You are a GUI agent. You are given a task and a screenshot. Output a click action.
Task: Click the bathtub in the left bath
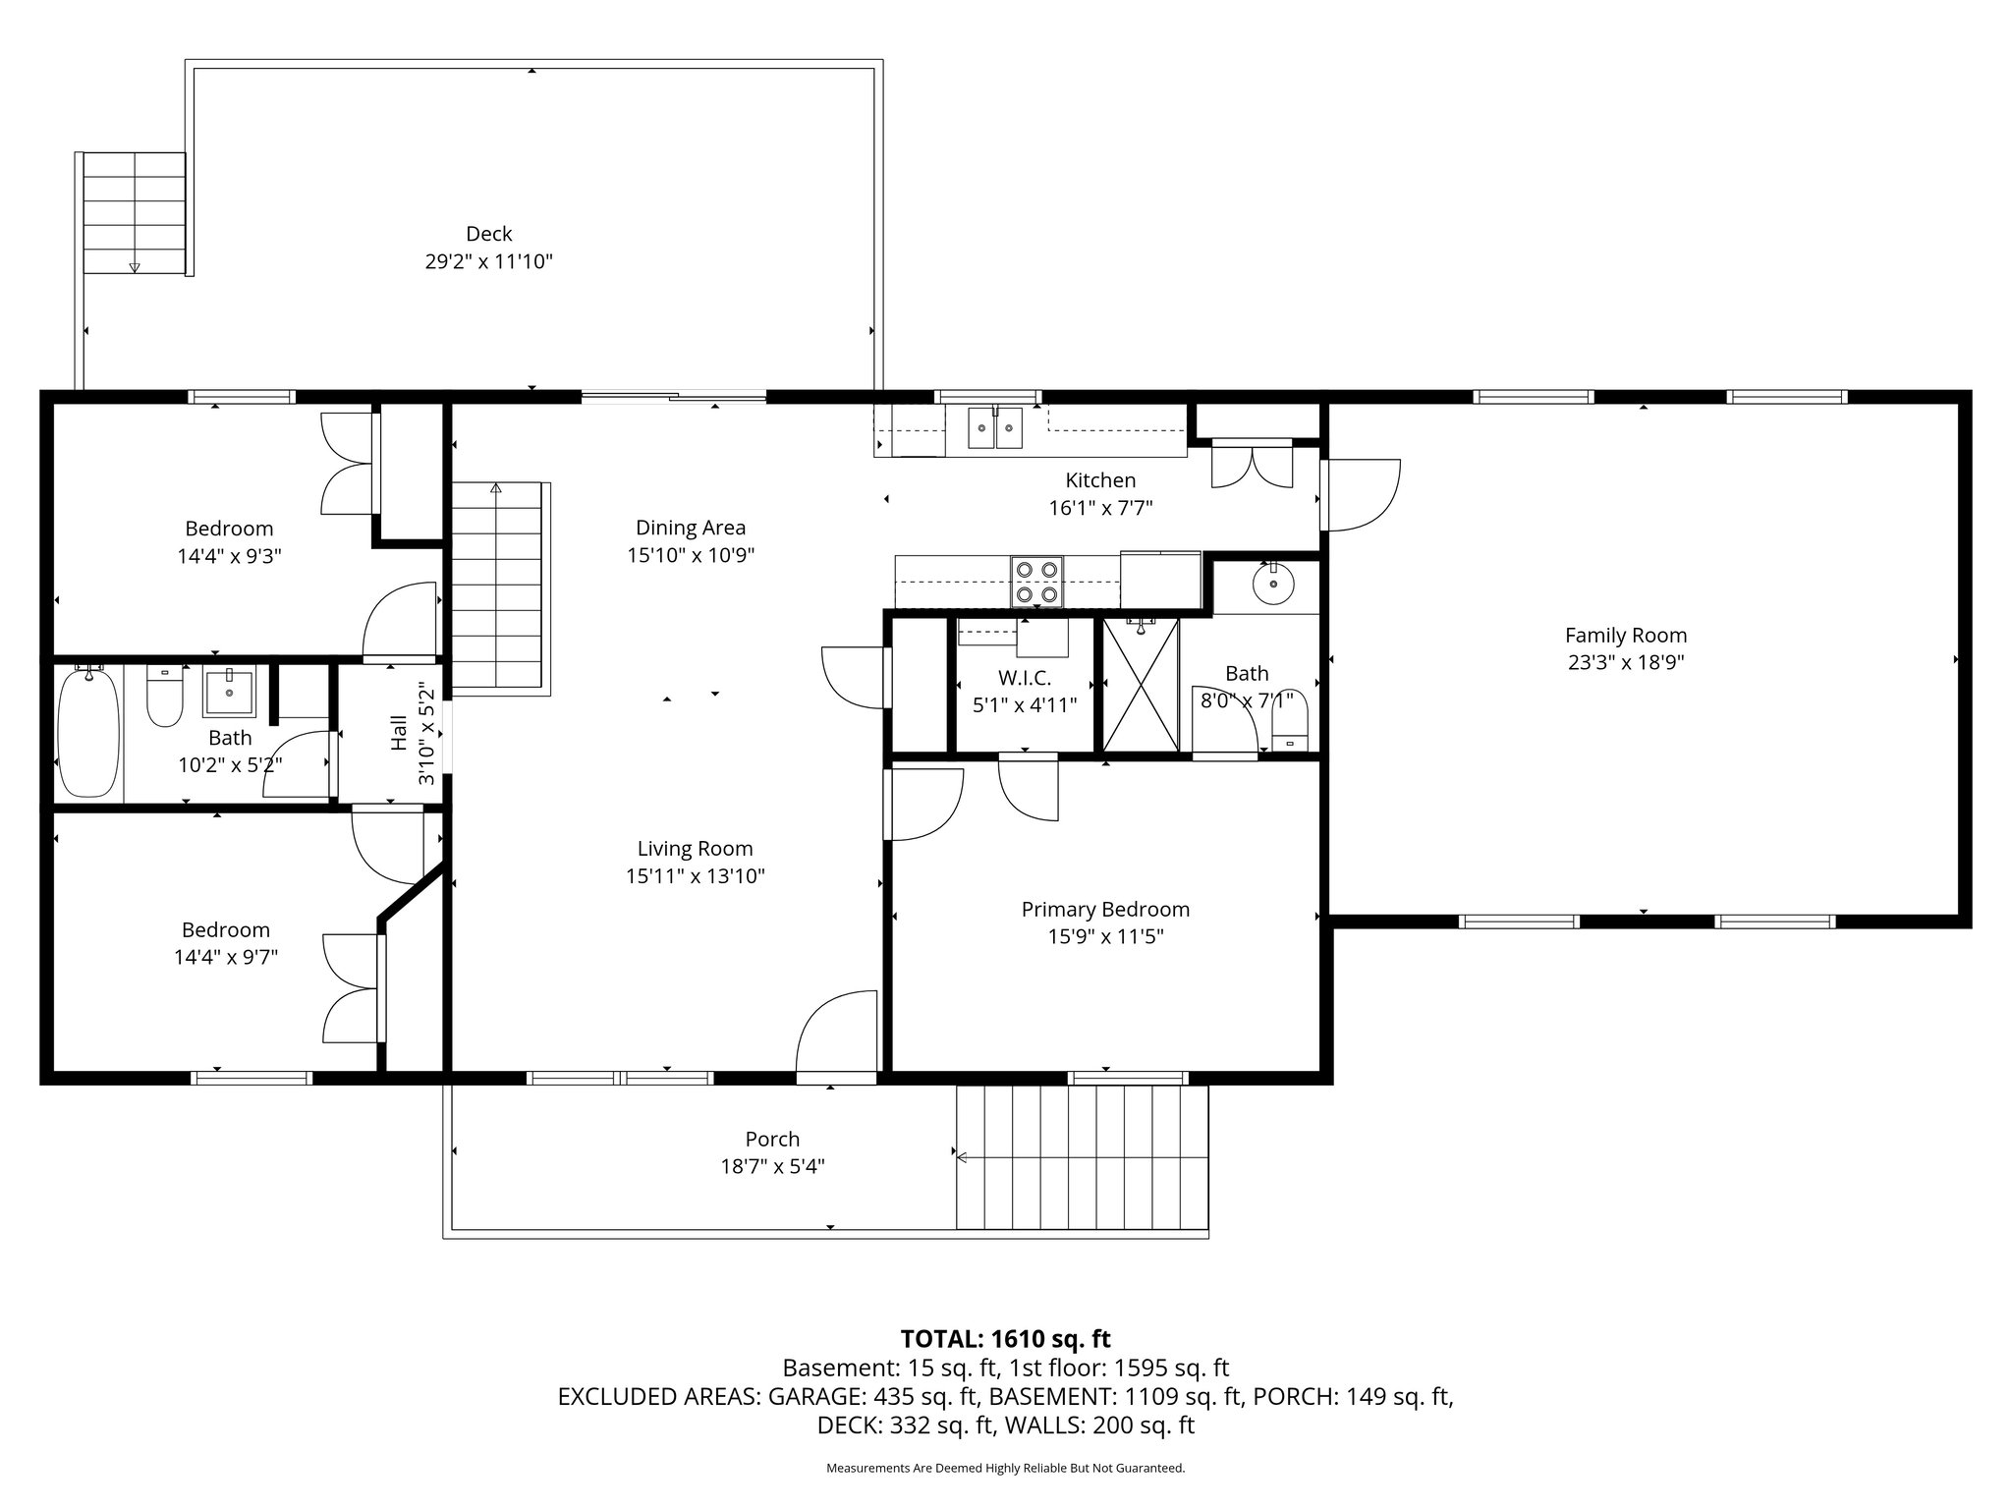(89, 732)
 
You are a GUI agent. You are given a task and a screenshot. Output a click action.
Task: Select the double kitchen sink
(995, 428)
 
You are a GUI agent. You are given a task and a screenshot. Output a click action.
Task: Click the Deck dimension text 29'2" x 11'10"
(488, 262)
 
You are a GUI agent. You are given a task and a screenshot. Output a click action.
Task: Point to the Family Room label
(1626, 636)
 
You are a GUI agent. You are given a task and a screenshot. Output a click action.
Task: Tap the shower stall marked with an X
(1140, 684)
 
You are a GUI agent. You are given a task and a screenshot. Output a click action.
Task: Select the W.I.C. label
(1025, 678)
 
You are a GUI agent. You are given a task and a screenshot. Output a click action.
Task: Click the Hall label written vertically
(399, 733)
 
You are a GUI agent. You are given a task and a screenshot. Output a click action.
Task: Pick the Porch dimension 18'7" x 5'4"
(772, 1167)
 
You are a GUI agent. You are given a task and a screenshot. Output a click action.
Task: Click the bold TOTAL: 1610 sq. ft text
(1005, 1339)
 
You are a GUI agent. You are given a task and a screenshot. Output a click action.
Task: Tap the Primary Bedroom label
(1105, 910)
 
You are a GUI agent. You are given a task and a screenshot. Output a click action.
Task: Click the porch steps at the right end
(1082, 1157)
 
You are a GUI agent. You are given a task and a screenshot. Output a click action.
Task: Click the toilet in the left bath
(164, 698)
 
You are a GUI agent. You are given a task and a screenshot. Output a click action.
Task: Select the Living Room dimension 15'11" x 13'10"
(695, 876)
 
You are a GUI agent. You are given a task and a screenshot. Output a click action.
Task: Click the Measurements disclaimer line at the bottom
(1005, 1469)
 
